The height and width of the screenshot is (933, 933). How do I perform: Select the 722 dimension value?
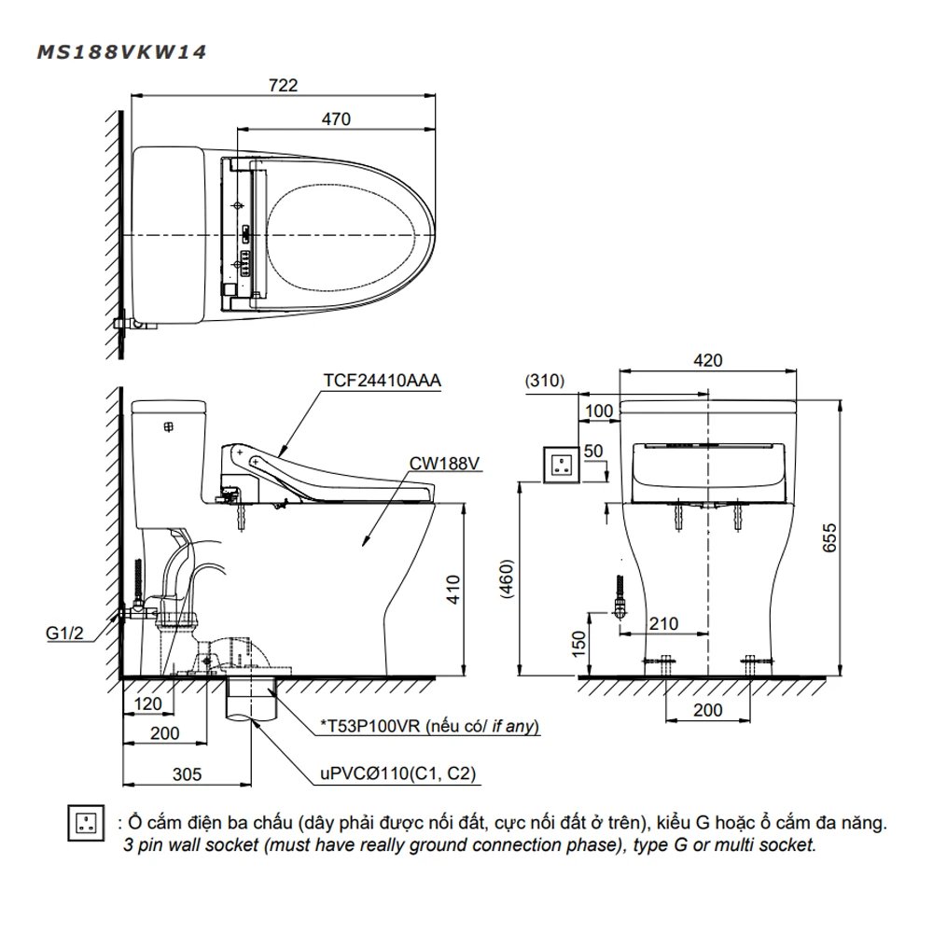(284, 85)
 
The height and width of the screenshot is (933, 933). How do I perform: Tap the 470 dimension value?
(336, 119)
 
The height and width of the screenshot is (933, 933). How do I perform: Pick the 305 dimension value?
(188, 774)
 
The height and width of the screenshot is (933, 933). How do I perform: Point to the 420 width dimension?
(708, 360)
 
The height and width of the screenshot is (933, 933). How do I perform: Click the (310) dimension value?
(548, 381)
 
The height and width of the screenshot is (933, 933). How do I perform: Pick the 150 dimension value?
(578, 642)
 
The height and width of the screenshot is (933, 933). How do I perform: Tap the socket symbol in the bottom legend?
(86, 822)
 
